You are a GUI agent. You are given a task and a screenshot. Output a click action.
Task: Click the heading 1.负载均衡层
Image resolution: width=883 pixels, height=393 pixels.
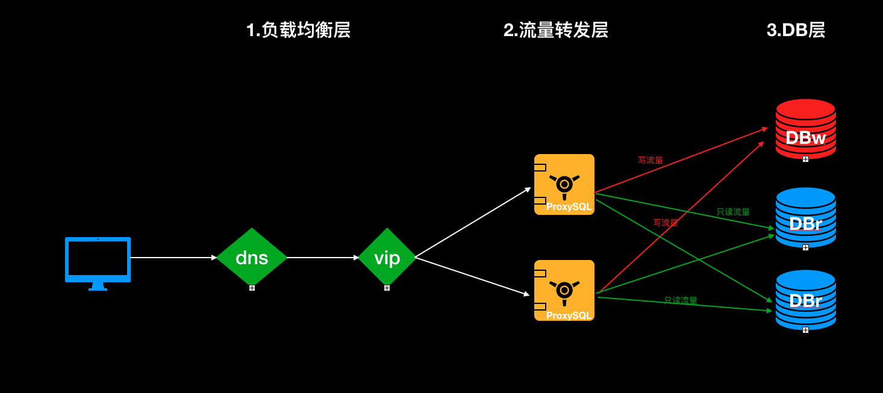coord(298,30)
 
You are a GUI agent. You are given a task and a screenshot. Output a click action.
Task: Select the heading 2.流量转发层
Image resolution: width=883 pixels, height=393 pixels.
coord(555,30)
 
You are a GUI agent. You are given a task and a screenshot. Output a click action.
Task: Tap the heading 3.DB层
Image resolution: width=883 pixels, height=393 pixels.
coord(796,30)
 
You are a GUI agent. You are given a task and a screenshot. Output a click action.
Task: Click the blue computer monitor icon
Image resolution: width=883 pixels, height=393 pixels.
coord(98,260)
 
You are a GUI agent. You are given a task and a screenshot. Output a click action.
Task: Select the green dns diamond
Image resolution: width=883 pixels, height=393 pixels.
coord(252,257)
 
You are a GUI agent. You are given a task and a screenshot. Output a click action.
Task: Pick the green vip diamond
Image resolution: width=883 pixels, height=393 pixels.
coord(387,257)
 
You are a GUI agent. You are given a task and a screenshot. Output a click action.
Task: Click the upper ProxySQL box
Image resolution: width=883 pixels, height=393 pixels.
coord(564,184)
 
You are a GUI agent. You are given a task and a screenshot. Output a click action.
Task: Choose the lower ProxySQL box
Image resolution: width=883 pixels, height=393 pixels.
coord(564,290)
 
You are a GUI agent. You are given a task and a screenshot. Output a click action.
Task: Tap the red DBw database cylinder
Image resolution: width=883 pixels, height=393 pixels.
coord(805,129)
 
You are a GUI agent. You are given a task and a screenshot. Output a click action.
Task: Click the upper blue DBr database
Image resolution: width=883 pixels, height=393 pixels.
coord(805,217)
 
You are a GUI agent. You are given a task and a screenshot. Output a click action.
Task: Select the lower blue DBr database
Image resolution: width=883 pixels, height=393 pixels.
coord(805,300)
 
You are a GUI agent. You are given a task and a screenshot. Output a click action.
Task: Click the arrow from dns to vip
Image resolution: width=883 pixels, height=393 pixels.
coord(322,258)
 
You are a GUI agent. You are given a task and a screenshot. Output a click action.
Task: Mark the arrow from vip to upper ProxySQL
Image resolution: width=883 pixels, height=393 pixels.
coord(473,223)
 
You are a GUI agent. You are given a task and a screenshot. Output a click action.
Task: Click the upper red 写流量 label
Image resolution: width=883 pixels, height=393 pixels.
coord(651,160)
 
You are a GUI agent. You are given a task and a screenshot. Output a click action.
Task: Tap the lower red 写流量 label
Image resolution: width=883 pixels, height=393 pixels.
coord(666,223)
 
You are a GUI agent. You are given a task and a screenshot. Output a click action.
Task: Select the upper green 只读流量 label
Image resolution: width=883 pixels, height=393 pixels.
coord(733,212)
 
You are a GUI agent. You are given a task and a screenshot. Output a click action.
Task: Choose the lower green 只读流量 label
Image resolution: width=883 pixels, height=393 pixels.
coord(681,300)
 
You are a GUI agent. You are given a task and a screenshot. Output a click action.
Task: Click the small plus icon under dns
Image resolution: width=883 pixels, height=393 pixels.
coord(252,288)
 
